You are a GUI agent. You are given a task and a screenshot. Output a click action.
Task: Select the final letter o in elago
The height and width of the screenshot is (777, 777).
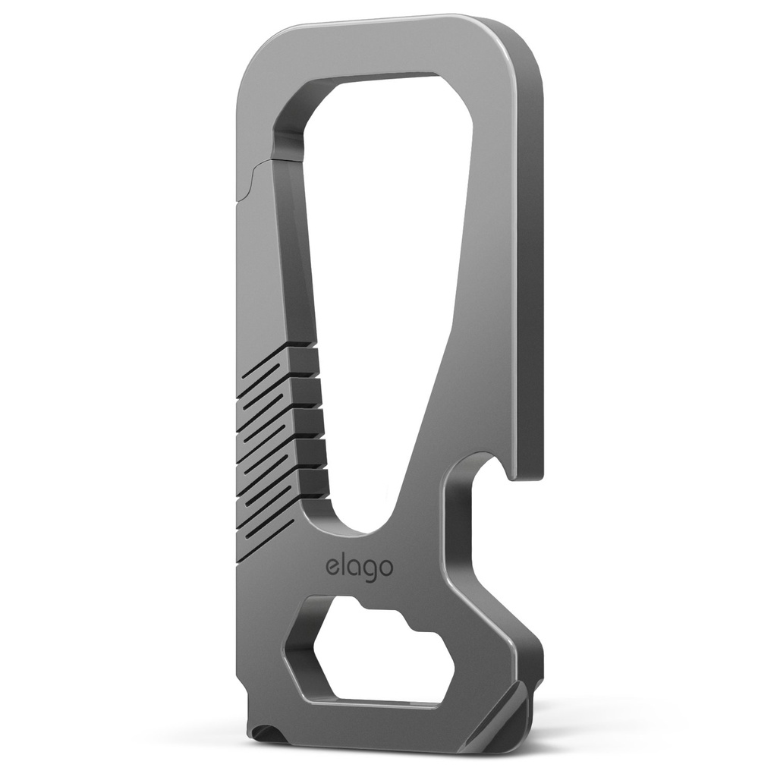[x=385, y=568]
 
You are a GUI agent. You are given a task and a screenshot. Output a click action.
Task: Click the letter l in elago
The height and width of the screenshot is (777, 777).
[x=343, y=565]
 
